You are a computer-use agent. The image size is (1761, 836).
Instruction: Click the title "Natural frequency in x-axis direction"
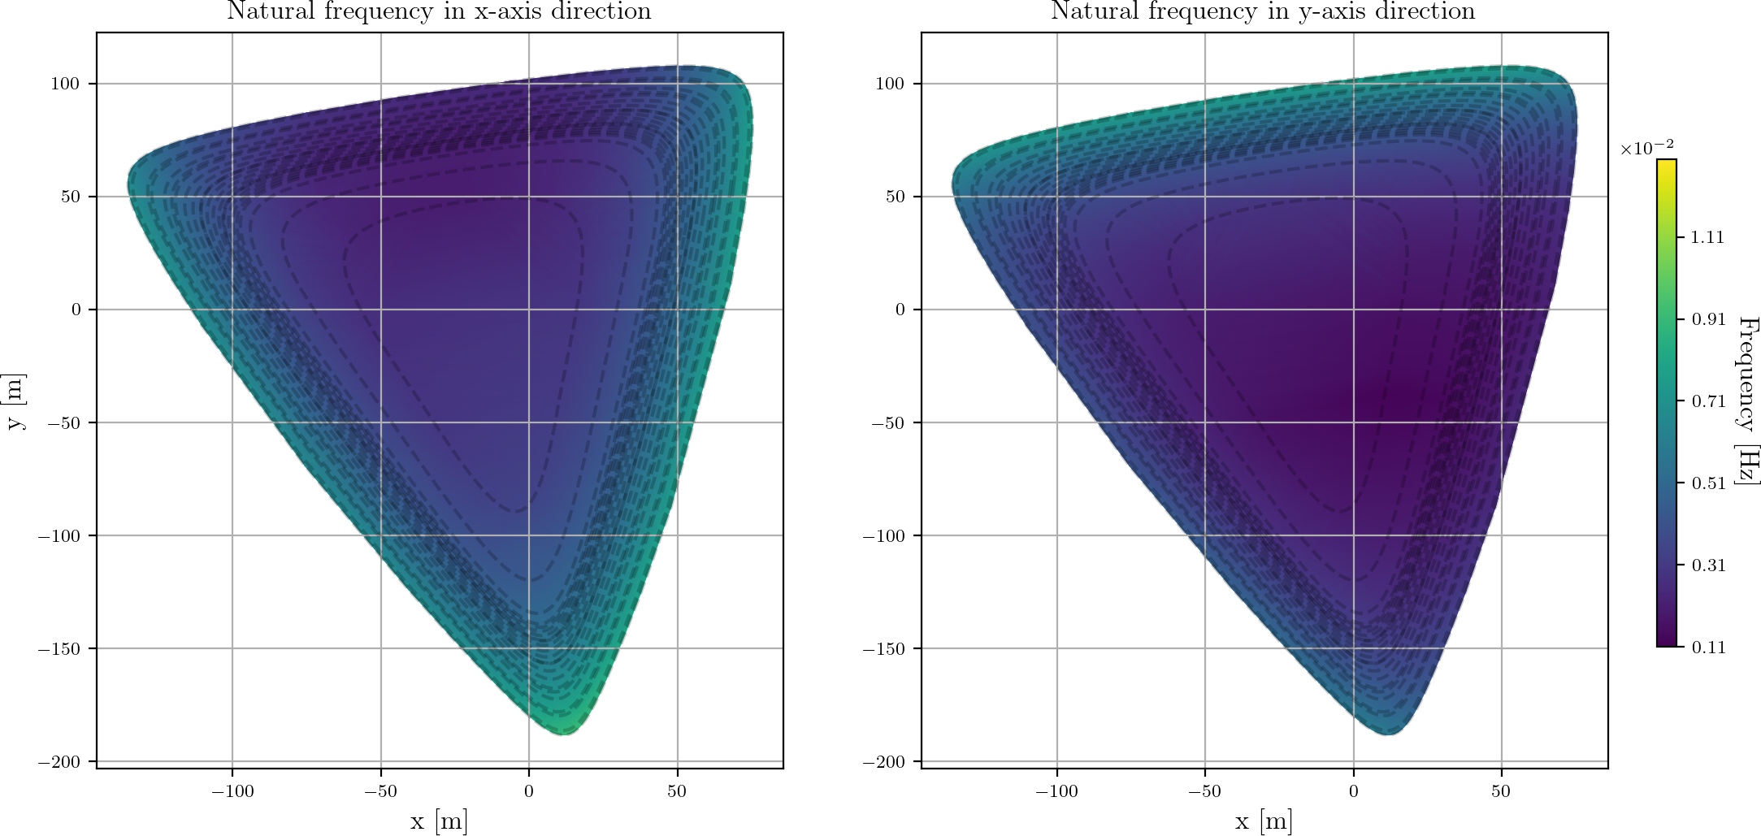(x=439, y=11)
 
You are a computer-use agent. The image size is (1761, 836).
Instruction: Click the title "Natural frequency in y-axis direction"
(x=1263, y=11)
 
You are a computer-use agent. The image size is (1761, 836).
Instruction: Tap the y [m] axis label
(x=16, y=401)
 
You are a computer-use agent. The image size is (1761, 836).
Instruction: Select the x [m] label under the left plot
(x=439, y=821)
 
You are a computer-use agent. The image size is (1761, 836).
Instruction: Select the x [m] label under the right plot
(x=1263, y=821)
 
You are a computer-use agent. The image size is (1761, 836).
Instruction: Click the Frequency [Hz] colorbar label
(x=1747, y=401)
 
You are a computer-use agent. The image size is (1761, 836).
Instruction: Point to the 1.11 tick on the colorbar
(x=1707, y=237)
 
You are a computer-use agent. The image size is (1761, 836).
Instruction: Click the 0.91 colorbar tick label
(x=1707, y=319)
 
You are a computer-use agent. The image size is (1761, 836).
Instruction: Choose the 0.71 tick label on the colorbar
(x=1707, y=401)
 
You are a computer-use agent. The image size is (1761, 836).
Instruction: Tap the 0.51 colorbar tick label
(x=1707, y=483)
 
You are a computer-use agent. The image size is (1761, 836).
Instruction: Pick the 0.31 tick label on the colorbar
(x=1707, y=565)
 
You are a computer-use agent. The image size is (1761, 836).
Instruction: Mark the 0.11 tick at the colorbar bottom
(x=1707, y=648)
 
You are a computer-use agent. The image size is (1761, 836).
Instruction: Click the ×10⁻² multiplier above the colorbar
(x=1646, y=148)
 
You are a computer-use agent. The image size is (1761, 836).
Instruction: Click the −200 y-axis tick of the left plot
(x=59, y=762)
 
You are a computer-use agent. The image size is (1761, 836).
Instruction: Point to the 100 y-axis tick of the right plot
(x=891, y=84)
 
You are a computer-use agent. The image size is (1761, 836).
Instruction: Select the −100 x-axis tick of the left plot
(x=232, y=791)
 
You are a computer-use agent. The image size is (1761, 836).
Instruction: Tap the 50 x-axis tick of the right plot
(x=1501, y=791)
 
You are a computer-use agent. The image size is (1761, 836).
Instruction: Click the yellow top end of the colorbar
(x=1666, y=164)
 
